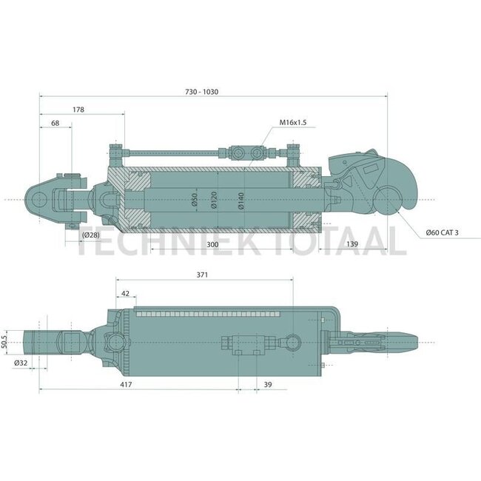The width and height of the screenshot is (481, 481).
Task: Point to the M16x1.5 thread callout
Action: (x=293, y=122)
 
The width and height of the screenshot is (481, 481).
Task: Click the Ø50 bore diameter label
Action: (x=194, y=201)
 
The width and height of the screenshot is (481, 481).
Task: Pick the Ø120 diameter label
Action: (x=213, y=201)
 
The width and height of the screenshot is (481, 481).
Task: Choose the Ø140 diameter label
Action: (x=241, y=201)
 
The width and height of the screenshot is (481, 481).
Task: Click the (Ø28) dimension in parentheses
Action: (x=91, y=235)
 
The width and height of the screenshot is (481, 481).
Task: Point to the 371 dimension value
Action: (x=202, y=275)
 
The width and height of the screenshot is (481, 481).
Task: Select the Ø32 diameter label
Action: (x=21, y=363)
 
